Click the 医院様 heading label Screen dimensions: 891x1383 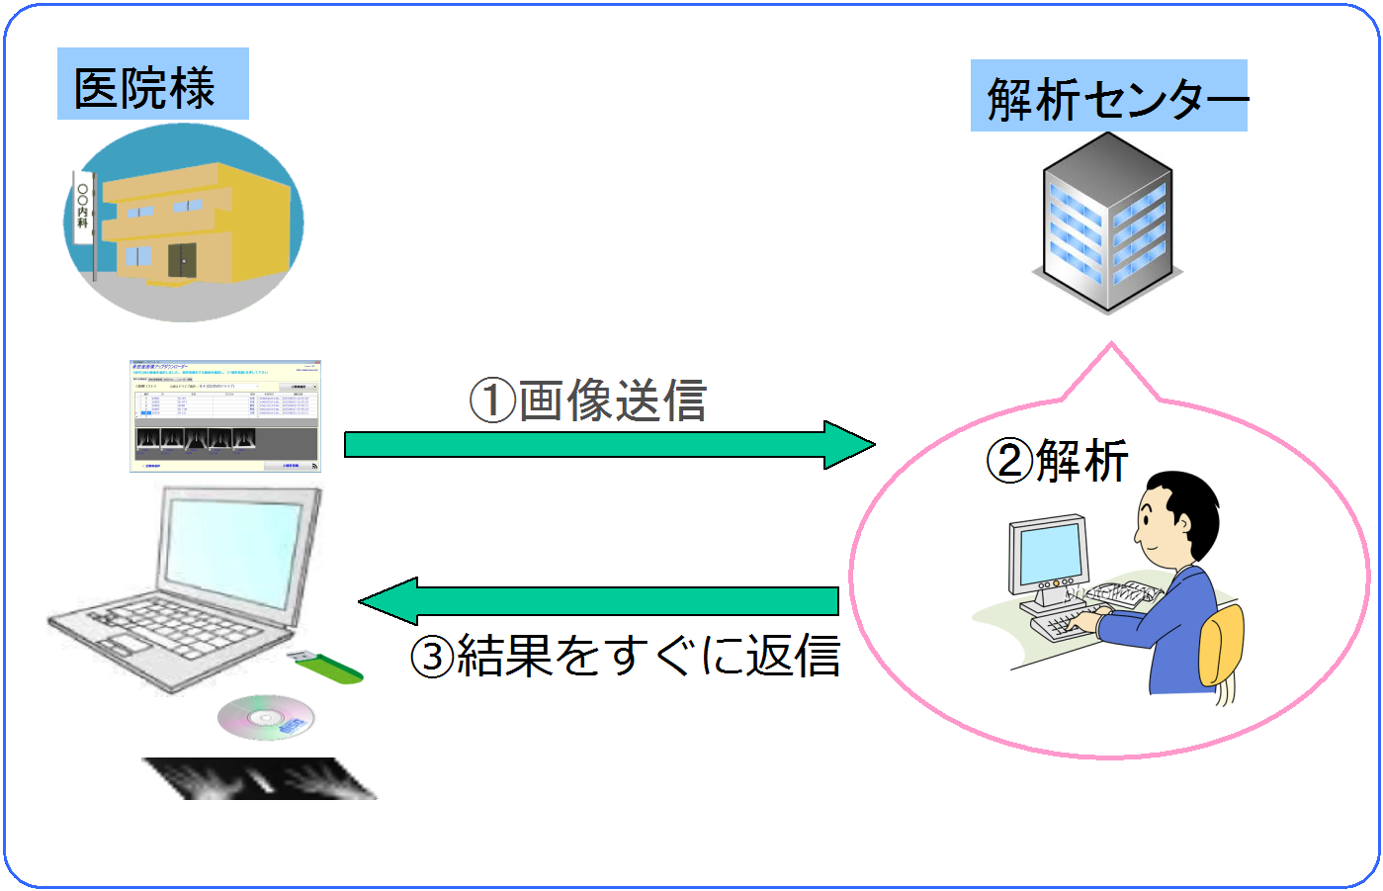145,87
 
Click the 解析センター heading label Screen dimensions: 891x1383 1109,98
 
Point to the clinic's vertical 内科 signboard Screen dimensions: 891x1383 83,210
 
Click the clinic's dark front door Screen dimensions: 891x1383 182,260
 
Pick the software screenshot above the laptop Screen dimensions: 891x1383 225,416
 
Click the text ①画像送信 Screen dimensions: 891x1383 589,401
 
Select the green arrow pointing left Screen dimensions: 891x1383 599,600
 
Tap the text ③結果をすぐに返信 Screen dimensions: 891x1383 625,655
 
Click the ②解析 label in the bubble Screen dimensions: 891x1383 1057,461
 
